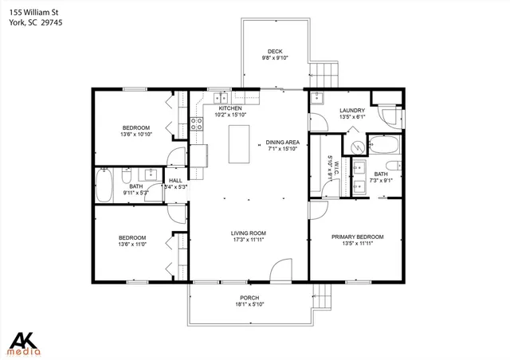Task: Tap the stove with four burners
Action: click(x=196, y=124)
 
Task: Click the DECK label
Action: click(x=275, y=51)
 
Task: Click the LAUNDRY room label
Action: click(x=351, y=111)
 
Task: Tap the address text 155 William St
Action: click(x=29, y=12)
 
